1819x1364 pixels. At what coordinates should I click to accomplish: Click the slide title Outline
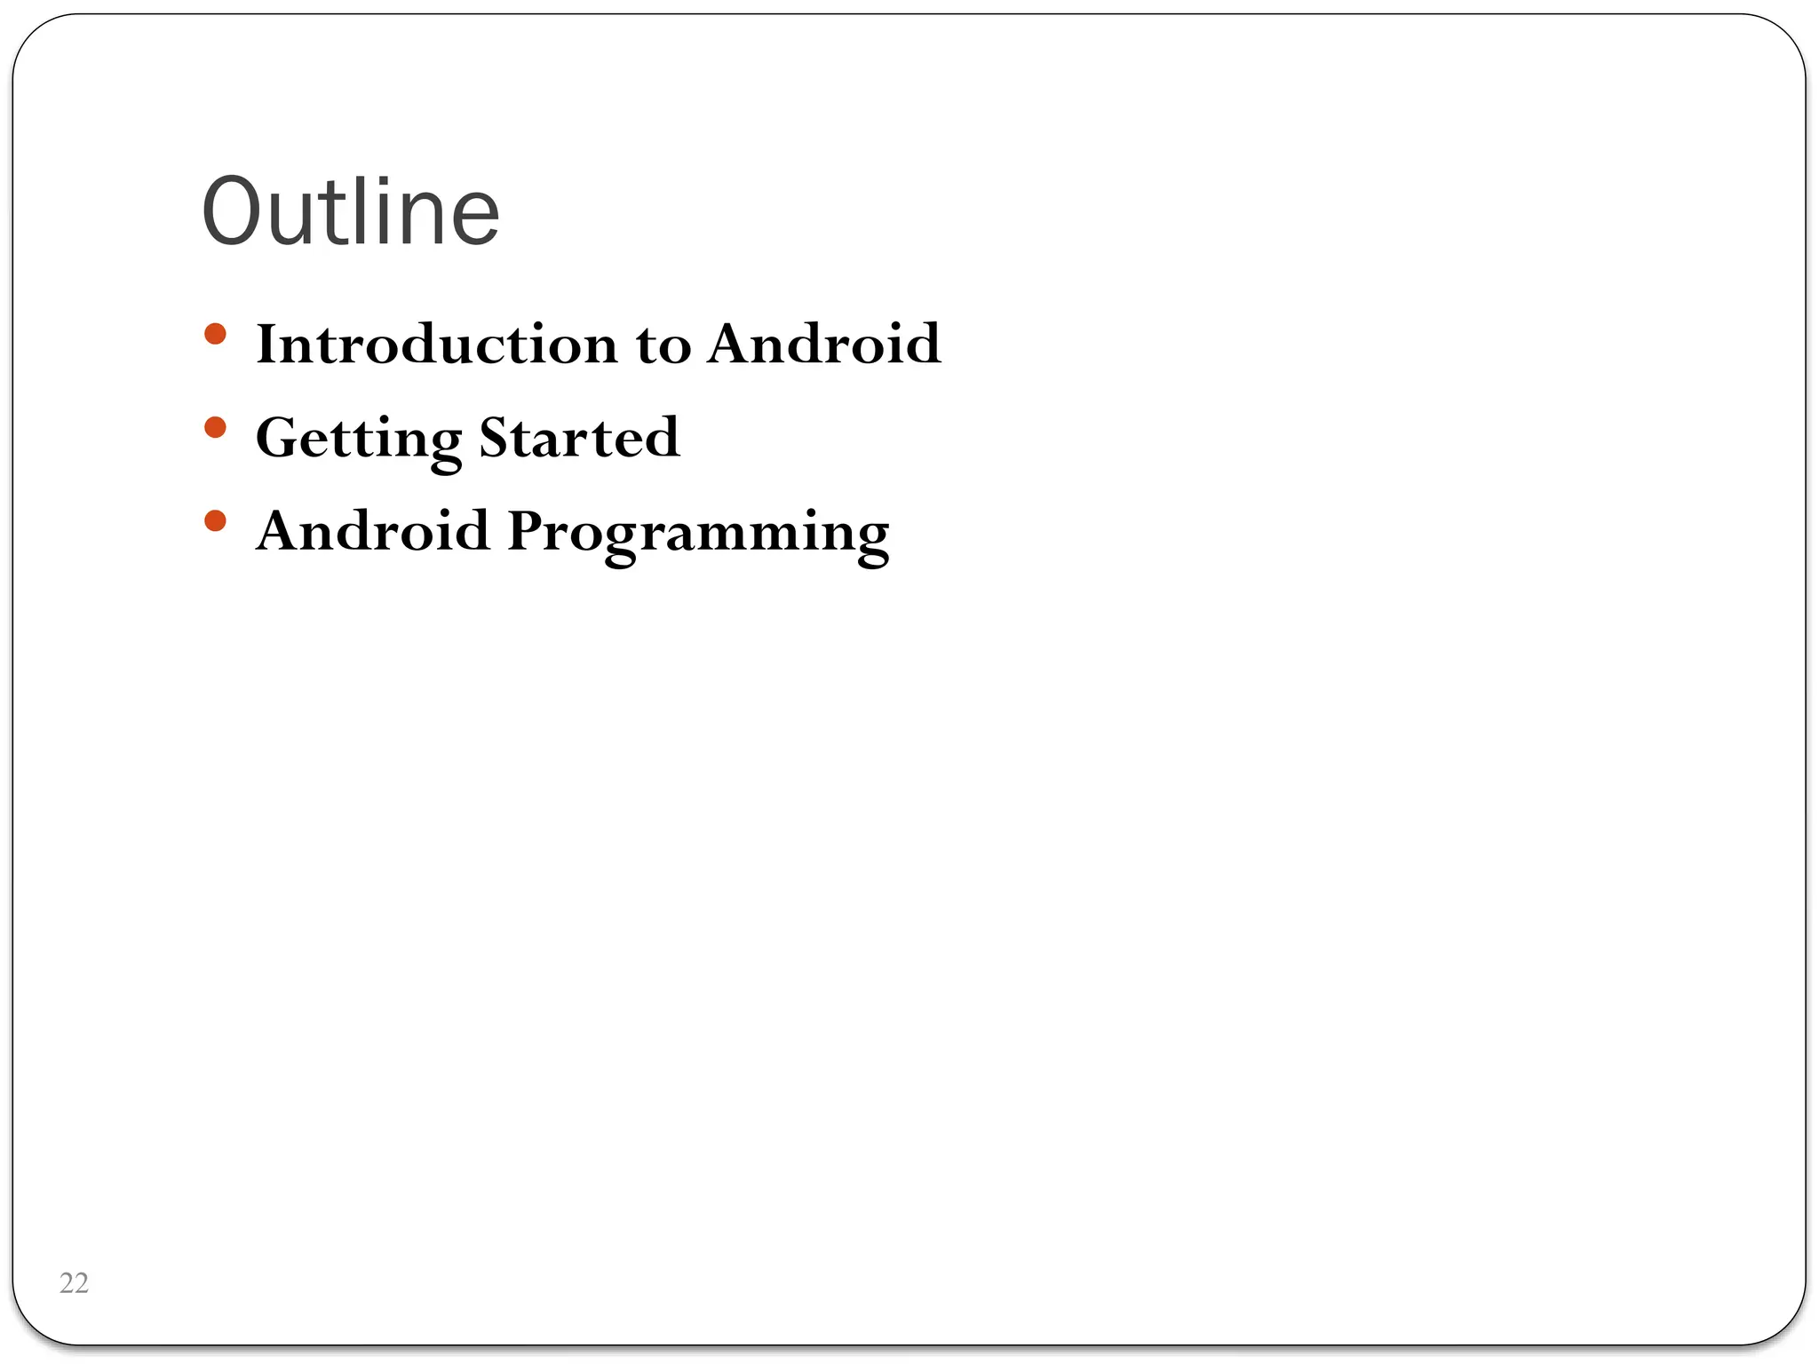click(x=351, y=212)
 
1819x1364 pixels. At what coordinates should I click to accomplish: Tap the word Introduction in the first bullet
click(x=436, y=344)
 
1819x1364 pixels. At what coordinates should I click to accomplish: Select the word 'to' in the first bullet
click(x=663, y=345)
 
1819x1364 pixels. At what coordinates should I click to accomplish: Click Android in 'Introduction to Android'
click(x=824, y=344)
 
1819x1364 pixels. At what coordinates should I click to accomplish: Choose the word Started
click(x=579, y=437)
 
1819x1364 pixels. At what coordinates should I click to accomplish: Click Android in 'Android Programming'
click(x=372, y=531)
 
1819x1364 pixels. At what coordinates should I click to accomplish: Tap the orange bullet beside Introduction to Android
click(x=215, y=334)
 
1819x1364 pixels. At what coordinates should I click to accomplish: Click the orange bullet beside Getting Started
click(x=215, y=428)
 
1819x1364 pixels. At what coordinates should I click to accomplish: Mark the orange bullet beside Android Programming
click(x=215, y=520)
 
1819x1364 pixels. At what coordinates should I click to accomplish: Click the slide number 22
click(x=74, y=1283)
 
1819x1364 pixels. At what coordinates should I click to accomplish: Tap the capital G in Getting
click(x=278, y=437)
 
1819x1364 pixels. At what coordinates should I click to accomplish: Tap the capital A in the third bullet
click(x=281, y=530)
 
